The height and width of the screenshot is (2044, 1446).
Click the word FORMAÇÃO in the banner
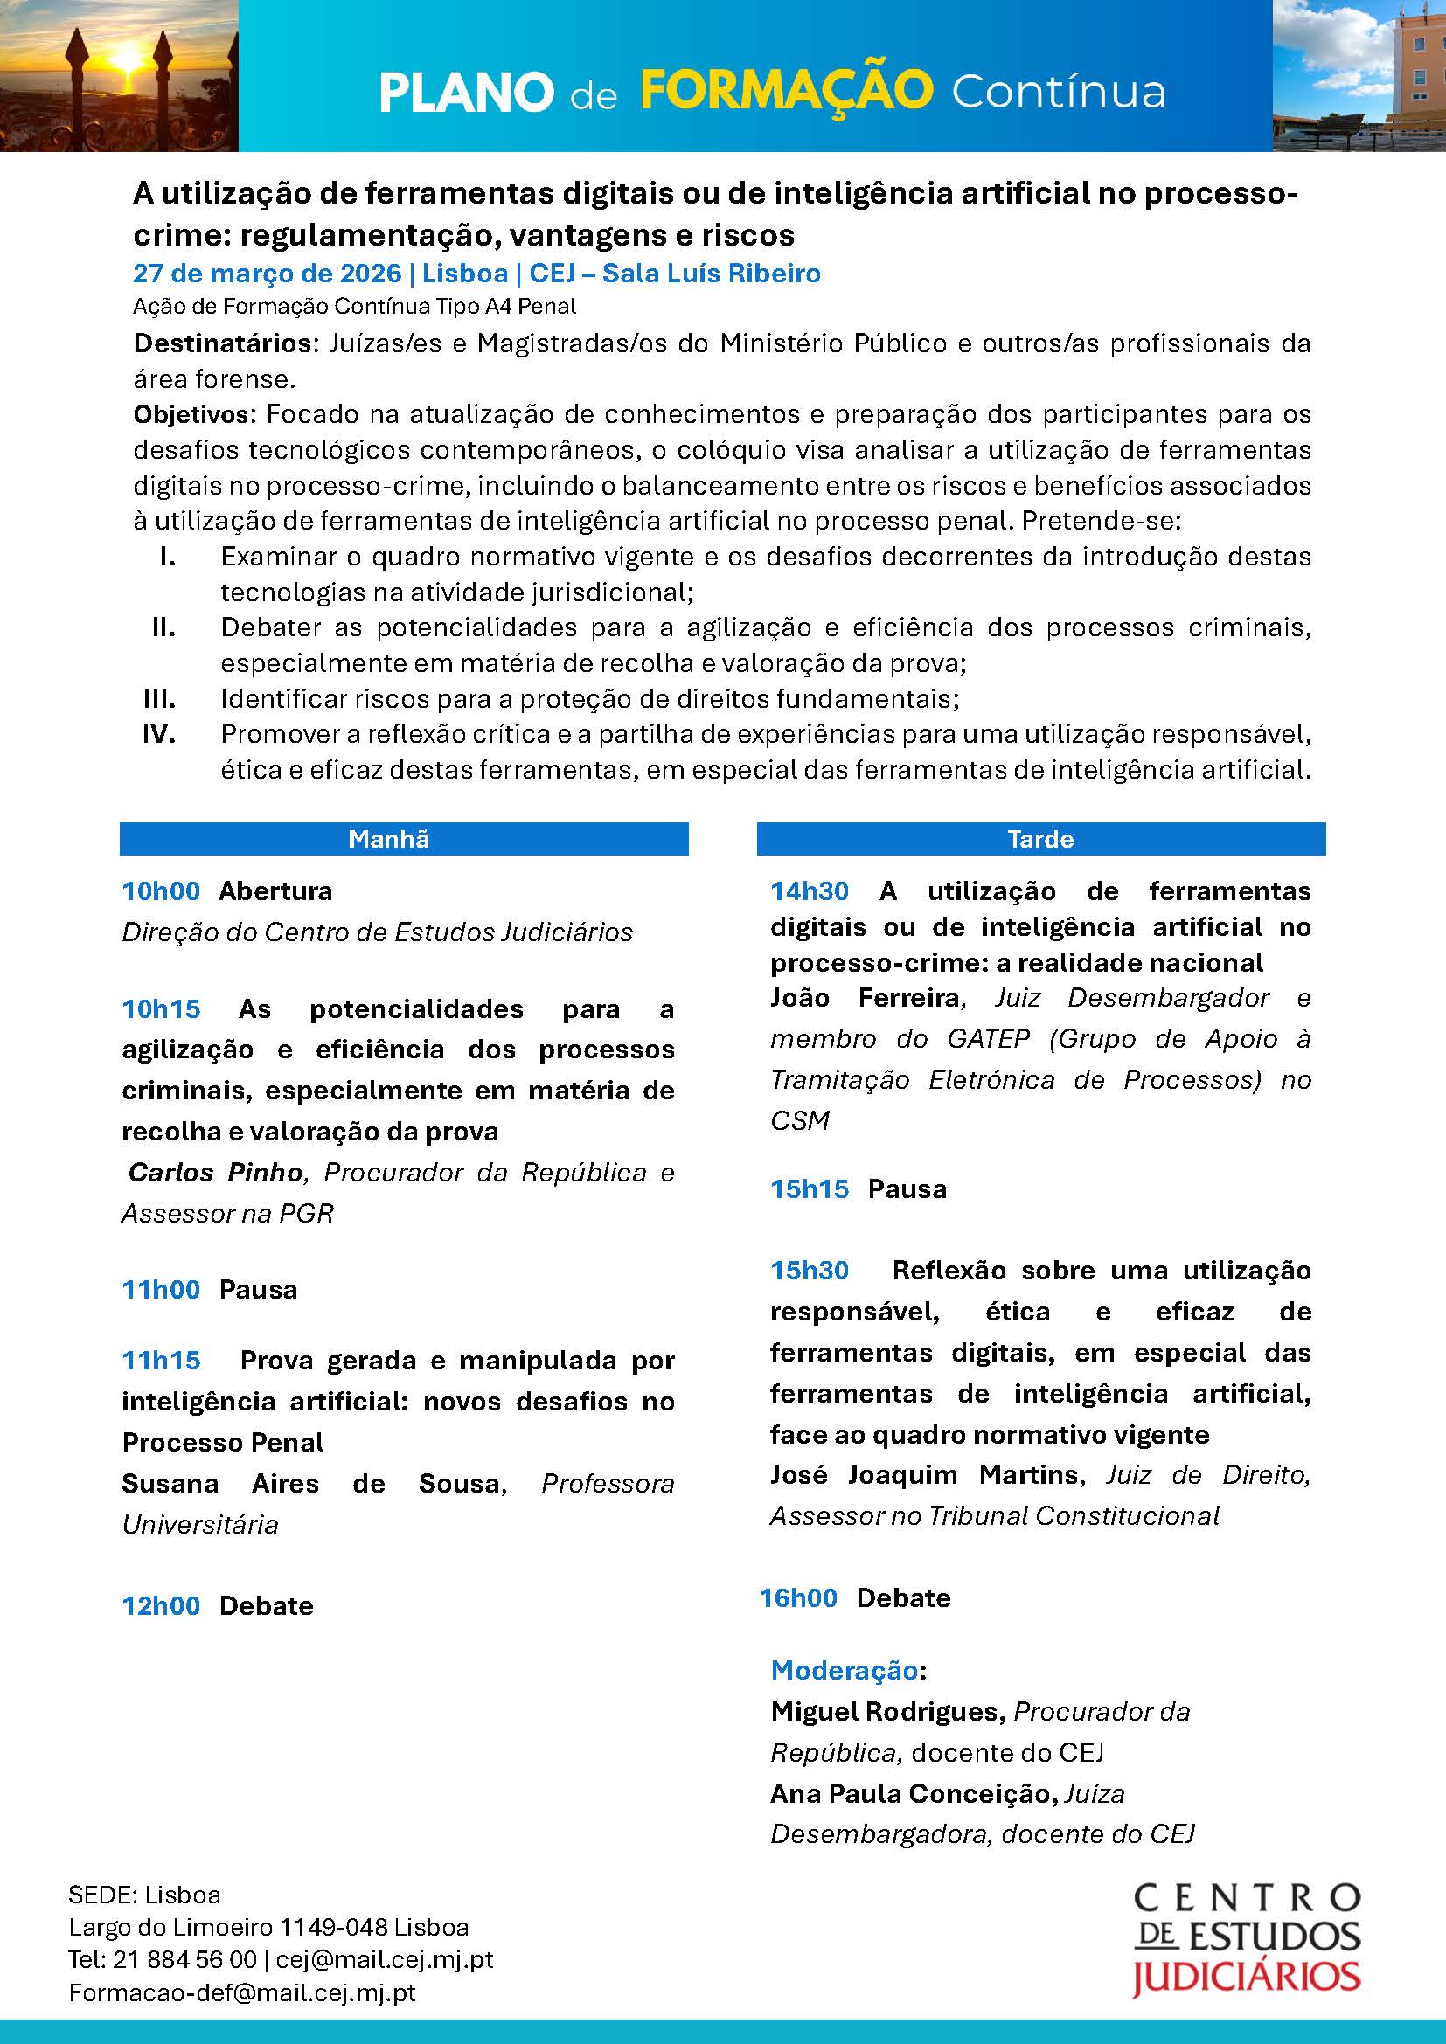coord(786,90)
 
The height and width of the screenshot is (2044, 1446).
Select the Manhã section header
coord(388,839)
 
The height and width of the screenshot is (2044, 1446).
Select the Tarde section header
coord(1040,839)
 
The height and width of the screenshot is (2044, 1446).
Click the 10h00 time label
coord(161,891)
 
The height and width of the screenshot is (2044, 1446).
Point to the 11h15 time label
coord(161,1361)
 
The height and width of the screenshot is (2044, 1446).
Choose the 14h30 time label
coord(810,891)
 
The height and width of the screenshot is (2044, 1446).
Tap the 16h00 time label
coord(798,1598)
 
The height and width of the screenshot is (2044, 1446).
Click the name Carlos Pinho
coord(215,1173)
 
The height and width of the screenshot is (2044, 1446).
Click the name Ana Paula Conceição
coord(910,1793)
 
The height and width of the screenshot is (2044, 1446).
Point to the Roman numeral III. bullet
coord(159,699)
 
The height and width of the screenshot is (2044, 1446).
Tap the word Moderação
coord(845,1670)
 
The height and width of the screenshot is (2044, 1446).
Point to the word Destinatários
coord(220,343)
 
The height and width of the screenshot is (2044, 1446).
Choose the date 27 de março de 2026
coord(268,274)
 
